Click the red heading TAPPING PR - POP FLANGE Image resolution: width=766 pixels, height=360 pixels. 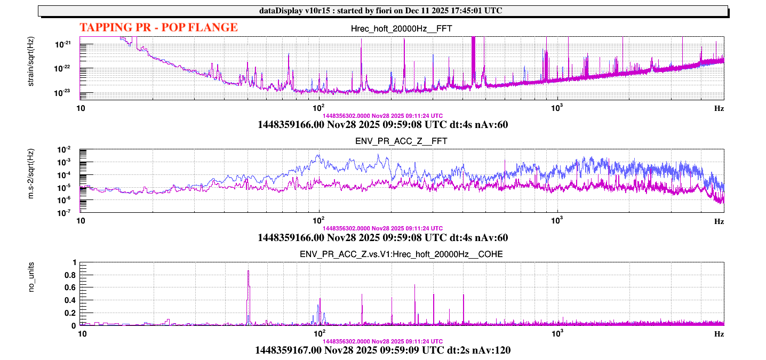(158, 28)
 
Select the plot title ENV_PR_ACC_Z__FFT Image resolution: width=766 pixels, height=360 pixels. (402, 141)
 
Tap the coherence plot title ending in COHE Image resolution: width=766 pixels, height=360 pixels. (402, 254)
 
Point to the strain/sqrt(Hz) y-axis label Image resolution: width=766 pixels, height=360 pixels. (31, 68)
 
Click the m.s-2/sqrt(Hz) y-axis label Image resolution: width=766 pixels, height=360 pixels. (31, 180)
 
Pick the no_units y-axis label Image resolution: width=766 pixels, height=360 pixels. (31, 294)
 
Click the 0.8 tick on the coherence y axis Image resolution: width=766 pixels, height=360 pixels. (70, 275)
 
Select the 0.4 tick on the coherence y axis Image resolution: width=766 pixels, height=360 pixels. (70, 300)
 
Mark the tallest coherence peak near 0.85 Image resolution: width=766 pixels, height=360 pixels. (249, 271)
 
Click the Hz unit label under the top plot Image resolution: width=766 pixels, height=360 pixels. (719, 108)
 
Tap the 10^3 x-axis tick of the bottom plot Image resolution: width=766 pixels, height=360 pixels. (557, 334)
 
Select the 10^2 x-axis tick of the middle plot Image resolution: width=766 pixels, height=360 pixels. (319, 221)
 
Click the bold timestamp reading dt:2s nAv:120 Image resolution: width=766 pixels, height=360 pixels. (382, 350)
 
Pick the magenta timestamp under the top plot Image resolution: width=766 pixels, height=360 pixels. (382, 116)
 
